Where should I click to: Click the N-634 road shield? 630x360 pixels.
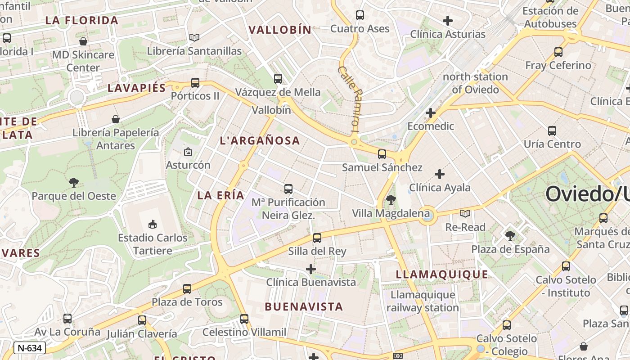pos(30,348)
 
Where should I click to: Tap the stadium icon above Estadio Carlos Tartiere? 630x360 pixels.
pos(153,224)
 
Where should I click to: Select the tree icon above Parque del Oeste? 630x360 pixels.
pos(74,183)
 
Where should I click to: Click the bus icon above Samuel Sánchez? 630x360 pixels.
pos(382,154)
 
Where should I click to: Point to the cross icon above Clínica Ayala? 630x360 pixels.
pos(440,174)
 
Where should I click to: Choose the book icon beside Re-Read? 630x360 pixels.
pos(465,214)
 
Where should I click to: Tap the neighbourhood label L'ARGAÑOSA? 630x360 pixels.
pos(260,141)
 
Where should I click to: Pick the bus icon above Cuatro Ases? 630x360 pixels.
pos(360,15)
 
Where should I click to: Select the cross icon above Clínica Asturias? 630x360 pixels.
pos(448,21)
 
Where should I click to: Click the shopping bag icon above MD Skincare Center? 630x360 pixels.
pos(83,42)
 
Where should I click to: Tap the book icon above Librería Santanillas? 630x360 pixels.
pos(194,38)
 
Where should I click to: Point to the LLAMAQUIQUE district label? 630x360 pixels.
pos(442,274)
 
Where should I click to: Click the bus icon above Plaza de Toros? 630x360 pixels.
pos(187,289)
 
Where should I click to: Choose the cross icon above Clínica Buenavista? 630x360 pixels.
pos(311,269)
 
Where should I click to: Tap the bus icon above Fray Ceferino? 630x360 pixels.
pos(558,52)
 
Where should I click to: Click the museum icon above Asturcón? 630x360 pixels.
pos(188,152)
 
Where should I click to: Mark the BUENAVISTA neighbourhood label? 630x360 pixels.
pos(304,307)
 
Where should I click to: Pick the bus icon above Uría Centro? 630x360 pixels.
pos(552,131)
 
